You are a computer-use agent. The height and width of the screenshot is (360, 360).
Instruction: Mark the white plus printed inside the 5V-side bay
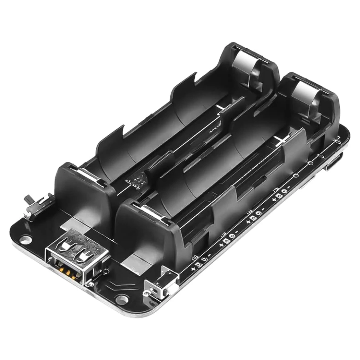[283, 140]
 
